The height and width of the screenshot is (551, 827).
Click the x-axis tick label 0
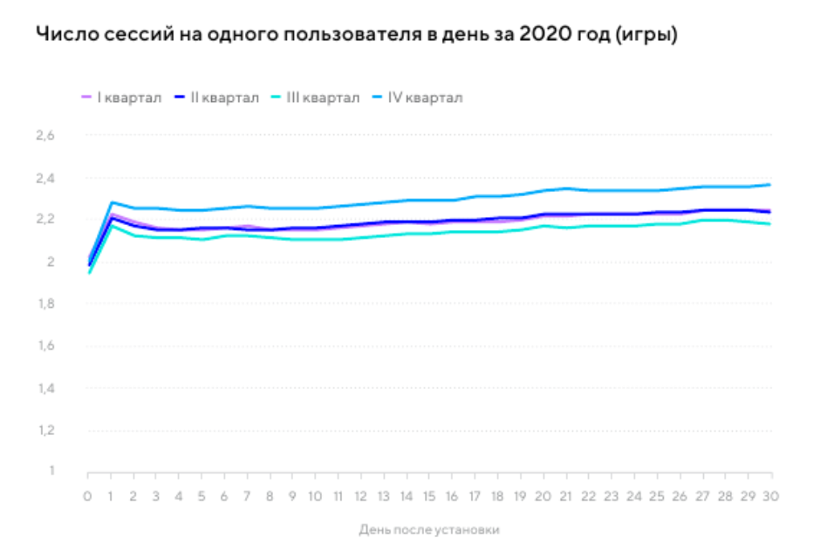tap(88, 496)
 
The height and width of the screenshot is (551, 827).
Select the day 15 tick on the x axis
tap(429, 496)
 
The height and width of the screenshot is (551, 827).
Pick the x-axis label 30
tap(771, 496)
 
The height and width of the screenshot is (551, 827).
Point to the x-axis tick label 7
tap(248, 496)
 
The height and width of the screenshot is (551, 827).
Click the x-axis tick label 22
tap(589, 496)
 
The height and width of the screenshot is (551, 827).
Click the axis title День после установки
tap(429, 529)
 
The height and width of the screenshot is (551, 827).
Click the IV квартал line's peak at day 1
tap(112, 202)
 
